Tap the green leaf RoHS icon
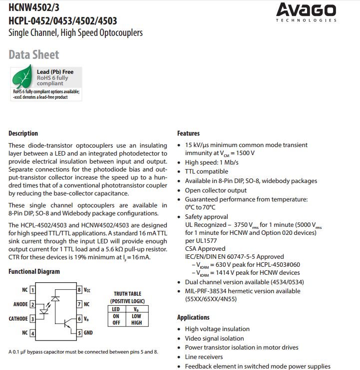tap(22, 77)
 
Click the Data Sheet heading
tap(33, 55)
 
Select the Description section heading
tap(23, 133)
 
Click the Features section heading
tap(188, 133)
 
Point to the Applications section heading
tap(193, 317)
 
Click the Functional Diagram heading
tap(34, 271)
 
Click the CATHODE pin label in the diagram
tap(18, 319)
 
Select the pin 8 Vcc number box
tap(79, 290)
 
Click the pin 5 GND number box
tap(79, 333)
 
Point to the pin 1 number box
tap(32, 290)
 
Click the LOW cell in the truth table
tap(136, 316)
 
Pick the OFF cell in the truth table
tap(115, 323)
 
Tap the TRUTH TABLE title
tap(127, 294)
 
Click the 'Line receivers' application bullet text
tap(205, 357)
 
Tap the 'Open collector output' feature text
tap(216, 190)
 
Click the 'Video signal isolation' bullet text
tap(215, 338)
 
